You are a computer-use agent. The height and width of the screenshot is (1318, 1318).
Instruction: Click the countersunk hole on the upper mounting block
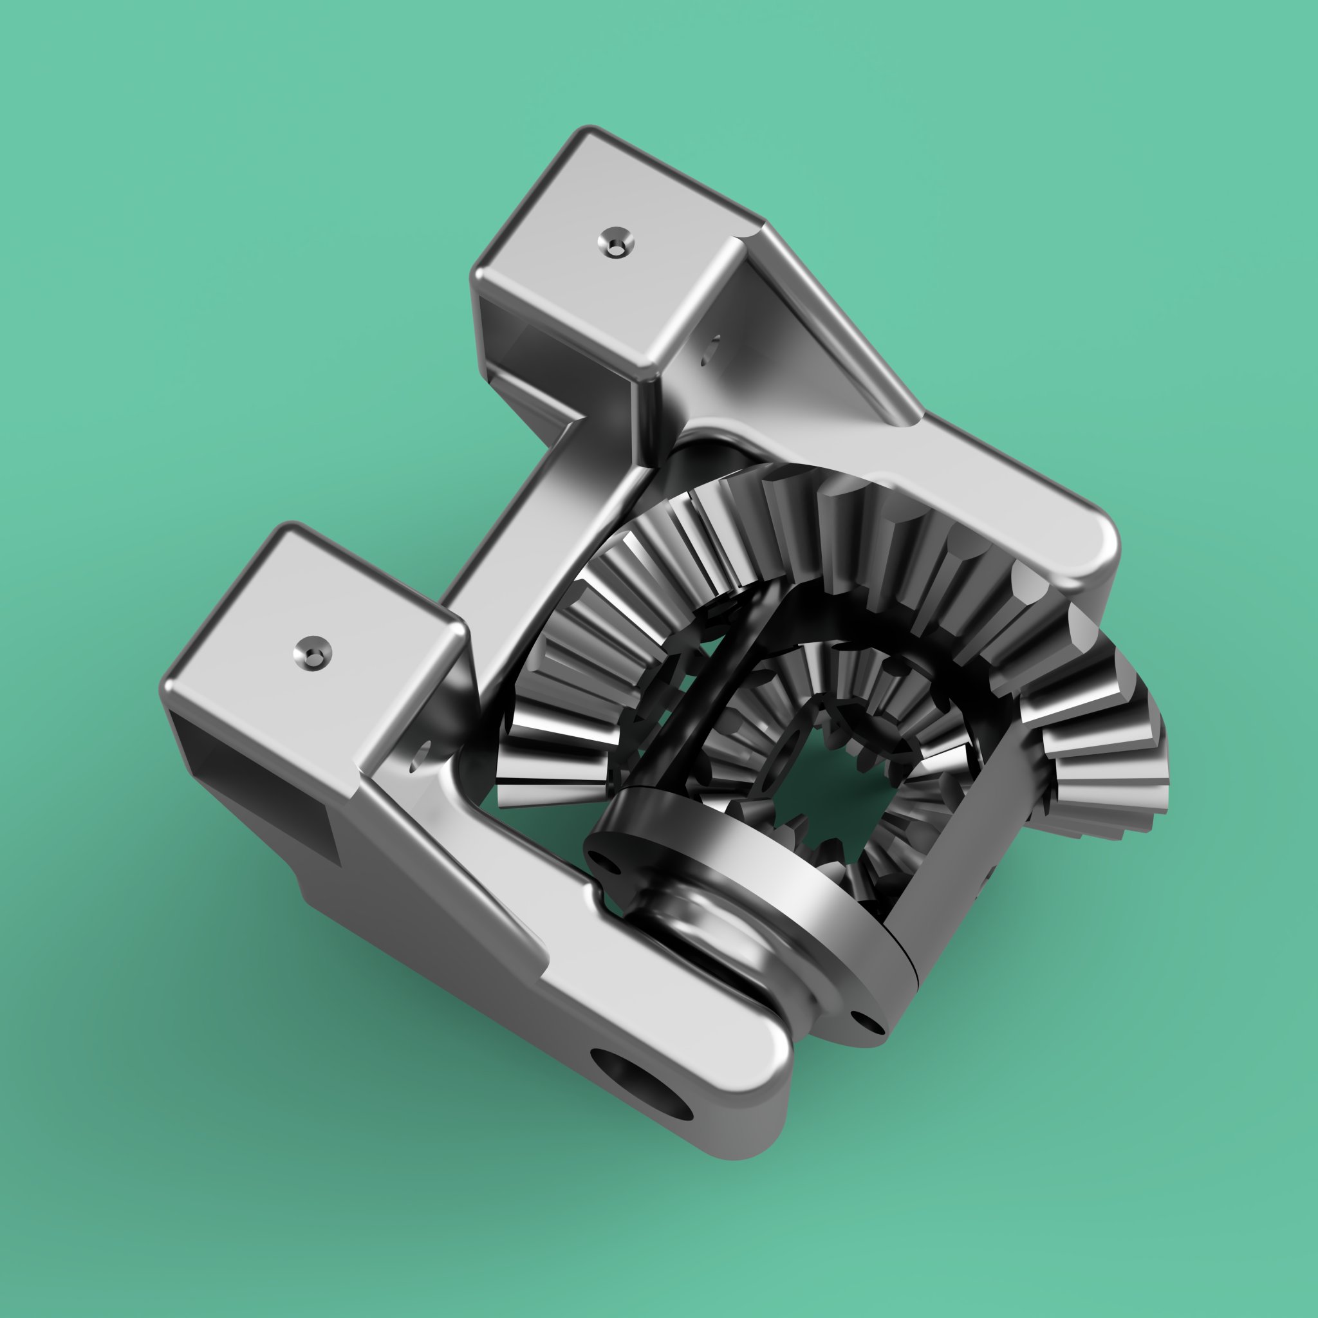(x=615, y=242)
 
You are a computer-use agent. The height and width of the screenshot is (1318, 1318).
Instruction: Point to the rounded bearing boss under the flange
(x=709, y=948)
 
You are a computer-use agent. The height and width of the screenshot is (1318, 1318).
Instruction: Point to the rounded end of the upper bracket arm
(x=1078, y=546)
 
